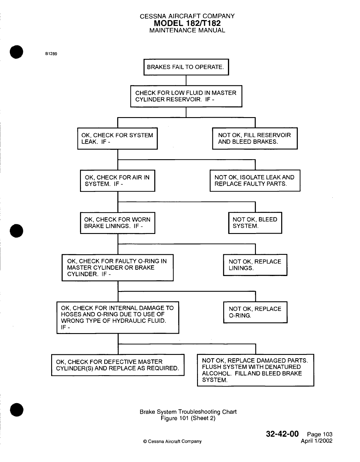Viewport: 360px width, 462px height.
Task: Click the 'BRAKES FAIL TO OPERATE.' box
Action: [186, 67]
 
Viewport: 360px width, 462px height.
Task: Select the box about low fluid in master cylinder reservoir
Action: [186, 96]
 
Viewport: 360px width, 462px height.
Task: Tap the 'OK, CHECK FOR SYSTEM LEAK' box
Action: [117, 139]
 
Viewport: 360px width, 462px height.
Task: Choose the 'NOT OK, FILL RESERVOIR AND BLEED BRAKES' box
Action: [255, 139]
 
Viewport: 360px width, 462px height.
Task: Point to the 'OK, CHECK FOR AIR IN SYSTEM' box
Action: [117, 181]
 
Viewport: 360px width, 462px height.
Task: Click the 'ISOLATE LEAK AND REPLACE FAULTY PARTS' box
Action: [255, 181]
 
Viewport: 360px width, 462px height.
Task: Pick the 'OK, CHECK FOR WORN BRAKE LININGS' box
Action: [117, 223]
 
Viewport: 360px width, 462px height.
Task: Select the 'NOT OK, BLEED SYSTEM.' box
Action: [255, 223]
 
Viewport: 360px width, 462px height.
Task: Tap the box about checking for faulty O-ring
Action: [117, 268]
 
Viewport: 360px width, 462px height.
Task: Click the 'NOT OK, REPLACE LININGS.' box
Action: [255, 265]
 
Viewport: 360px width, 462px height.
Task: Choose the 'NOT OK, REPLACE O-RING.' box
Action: [255, 312]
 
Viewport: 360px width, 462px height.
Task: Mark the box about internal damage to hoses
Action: [118, 318]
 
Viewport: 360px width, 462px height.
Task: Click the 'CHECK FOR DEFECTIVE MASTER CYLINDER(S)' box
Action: [118, 365]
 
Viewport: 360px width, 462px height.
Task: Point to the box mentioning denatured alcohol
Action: [255, 370]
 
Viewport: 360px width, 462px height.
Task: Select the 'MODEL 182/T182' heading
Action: [187, 23]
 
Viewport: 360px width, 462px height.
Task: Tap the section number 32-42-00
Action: [282, 434]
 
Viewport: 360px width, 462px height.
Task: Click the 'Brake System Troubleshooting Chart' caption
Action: [188, 412]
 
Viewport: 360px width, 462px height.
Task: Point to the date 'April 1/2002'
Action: [316, 441]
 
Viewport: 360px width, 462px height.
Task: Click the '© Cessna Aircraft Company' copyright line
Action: [172, 441]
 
